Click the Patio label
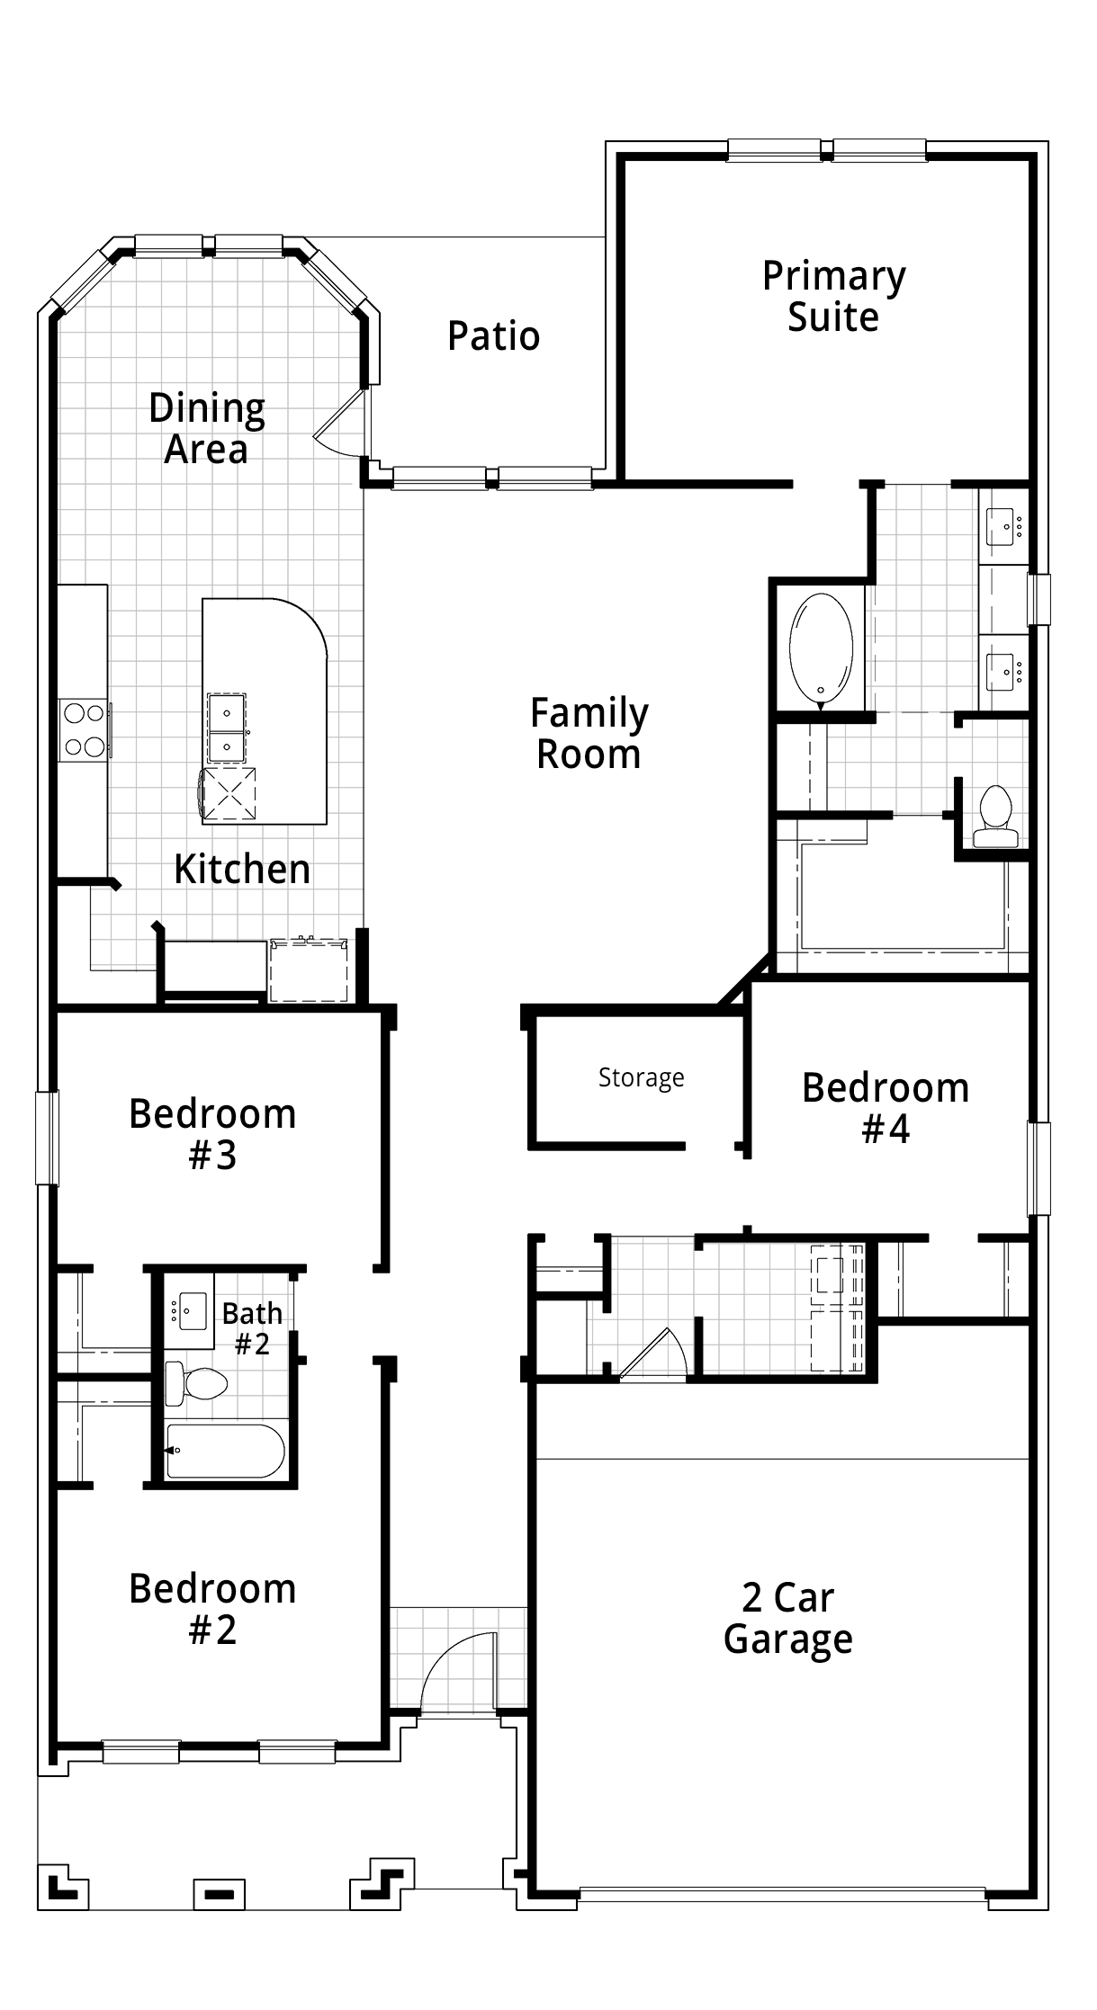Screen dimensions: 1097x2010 [x=493, y=336]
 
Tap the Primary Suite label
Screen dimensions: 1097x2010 [x=833, y=297]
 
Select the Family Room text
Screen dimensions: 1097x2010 [x=589, y=734]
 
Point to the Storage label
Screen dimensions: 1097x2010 [x=641, y=1077]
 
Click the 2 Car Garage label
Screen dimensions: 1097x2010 [x=787, y=1619]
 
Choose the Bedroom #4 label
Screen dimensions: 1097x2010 [x=886, y=1107]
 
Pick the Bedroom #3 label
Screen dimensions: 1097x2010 [x=212, y=1133]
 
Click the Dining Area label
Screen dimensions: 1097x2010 [x=206, y=428]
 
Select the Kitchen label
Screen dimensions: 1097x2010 [x=242, y=869]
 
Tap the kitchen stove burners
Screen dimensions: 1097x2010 [x=84, y=730]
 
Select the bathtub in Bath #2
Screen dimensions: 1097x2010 [x=225, y=1451]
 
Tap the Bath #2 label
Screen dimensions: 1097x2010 [x=252, y=1328]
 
